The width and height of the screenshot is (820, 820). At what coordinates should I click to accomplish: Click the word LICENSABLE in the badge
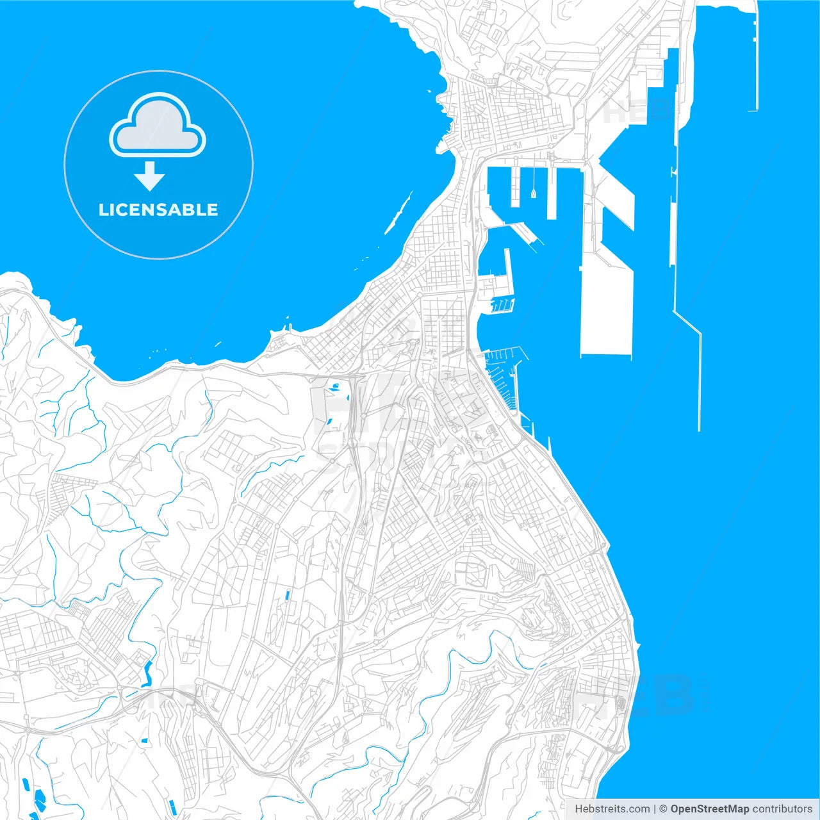click(158, 209)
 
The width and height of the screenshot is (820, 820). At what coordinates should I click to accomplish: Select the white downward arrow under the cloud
click(150, 176)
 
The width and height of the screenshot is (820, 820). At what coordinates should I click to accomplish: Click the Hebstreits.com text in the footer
click(612, 809)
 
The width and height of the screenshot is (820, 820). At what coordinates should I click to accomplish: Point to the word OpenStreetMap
click(709, 809)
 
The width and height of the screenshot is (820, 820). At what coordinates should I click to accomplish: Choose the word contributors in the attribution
click(782, 809)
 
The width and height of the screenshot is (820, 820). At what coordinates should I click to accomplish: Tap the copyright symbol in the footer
click(663, 809)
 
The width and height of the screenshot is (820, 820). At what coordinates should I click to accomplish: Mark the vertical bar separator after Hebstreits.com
click(655, 809)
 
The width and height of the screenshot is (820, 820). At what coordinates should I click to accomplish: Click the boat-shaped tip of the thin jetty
click(534, 192)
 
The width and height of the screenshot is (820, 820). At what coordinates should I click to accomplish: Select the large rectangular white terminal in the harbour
click(606, 307)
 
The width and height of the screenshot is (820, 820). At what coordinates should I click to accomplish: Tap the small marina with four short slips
click(502, 306)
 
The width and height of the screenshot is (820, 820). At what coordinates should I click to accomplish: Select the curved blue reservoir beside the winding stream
click(147, 673)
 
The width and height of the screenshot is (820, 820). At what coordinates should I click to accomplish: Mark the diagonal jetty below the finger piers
click(522, 231)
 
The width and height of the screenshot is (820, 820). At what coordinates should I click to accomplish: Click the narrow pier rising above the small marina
click(507, 272)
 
